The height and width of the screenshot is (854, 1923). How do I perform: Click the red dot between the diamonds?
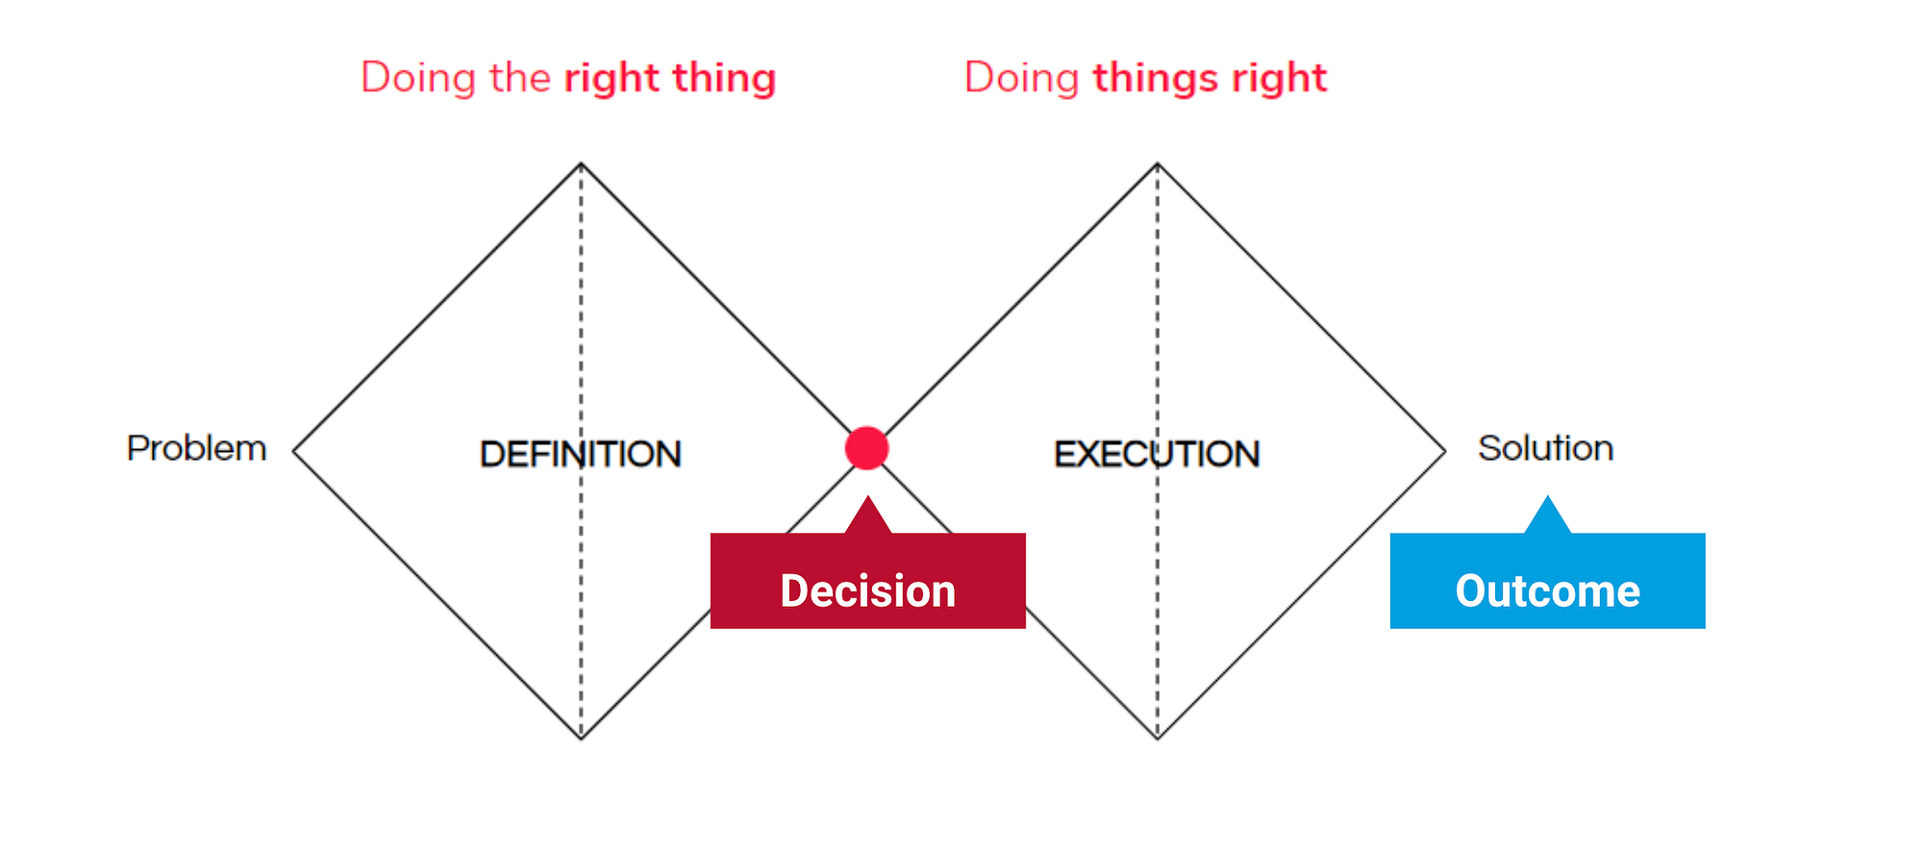pyautogui.click(x=866, y=448)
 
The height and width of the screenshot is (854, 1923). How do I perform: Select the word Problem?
pyautogui.click(x=196, y=449)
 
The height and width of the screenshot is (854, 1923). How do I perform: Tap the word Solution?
pyautogui.click(x=1545, y=448)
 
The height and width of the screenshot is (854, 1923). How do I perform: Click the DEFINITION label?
pyautogui.click(x=581, y=454)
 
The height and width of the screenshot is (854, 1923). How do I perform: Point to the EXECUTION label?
pyautogui.click(x=1157, y=454)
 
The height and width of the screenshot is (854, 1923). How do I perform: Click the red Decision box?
pyautogui.click(x=867, y=582)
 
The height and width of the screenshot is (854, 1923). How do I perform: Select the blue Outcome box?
pyautogui.click(x=1547, y=582)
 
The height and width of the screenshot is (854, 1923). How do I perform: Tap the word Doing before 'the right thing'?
pyautogui.click(x=418, y=78)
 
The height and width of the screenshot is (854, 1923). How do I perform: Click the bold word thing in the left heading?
pyautogui.click(x=723, y=79)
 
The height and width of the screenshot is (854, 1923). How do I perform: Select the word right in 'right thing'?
pyautogui.click(x=612, y=79)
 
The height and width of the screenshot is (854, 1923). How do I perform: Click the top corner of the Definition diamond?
pyautogui.click(x=581, y=164)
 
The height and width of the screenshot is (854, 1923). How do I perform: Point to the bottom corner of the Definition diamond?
pyautogui.click(x=581, y=738)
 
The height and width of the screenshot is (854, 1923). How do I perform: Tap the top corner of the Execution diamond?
pyautogui.click(x=1157, y=164)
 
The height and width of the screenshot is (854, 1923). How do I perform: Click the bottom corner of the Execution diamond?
pyautogui.click(x=1157, y=738)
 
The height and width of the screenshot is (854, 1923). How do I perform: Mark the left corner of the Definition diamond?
pyautogui.click(x=294, y=451)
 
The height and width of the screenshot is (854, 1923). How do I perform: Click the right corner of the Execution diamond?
pyautogui.click(x=1444, y=451)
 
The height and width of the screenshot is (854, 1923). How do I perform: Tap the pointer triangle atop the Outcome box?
pyautogui.click(x=1547, y=517)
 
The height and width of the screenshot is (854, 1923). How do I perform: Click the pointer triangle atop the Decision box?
pyautogui.click(x=867, y=517)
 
